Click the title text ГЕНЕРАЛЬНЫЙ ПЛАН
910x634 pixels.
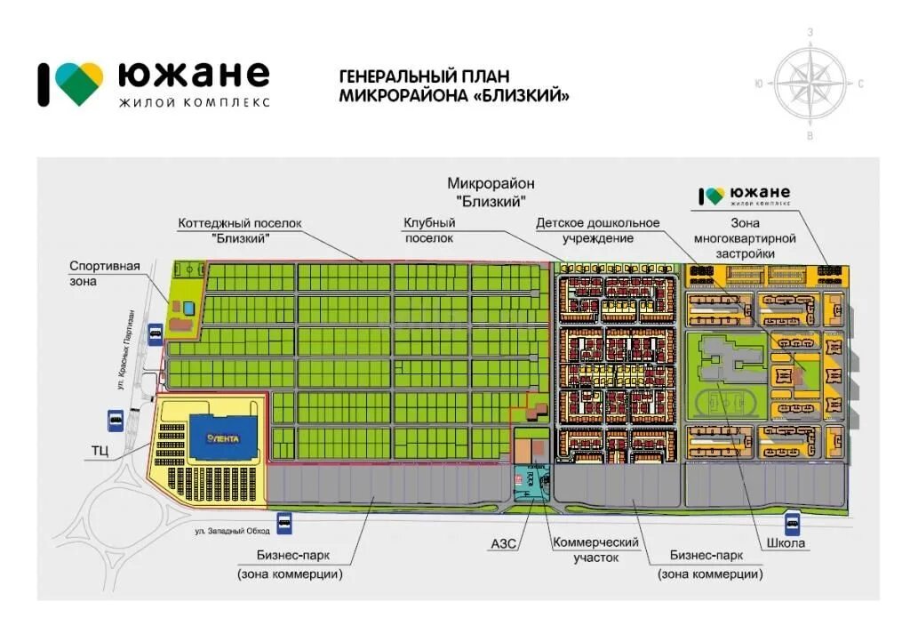(x=425, y=76)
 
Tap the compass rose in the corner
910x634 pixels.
(x=810, y=84)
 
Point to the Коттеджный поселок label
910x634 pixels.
(x=241, y=230)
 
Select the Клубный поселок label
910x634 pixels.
(x=429, y=230)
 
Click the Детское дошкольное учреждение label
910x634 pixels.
(x=597, y=230)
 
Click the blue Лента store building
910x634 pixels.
(x=223, y=438)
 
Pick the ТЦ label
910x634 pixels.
(x=100, y=452)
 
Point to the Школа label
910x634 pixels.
(x=784, y=543)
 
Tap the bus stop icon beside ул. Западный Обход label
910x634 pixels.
(x=285, y=523)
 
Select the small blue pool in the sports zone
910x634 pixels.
(x=189, y=307)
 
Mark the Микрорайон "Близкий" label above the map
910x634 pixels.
(x=491, y=191)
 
